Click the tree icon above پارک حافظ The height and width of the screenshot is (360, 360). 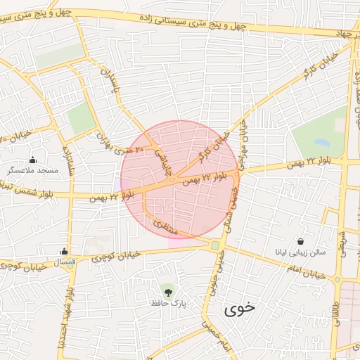[168, 290]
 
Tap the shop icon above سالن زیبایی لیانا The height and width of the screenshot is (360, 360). [301, 240]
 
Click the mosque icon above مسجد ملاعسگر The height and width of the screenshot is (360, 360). [32, 160]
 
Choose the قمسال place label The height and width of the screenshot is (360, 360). [64, 262]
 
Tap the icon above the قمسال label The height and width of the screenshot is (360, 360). [64, 251]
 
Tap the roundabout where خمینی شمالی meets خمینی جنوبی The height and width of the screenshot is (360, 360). [214, 245]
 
